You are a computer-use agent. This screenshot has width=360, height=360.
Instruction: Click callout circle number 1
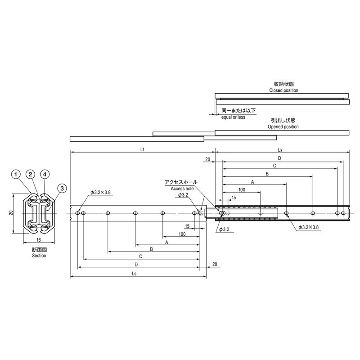(16, 175)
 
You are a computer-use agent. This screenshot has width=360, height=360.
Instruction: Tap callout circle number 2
(30, 175)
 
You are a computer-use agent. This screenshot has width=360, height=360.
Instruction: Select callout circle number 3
(62, 189)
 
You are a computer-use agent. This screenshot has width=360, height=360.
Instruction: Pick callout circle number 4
(45, 175)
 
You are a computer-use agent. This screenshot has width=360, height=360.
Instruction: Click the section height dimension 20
(11, 212)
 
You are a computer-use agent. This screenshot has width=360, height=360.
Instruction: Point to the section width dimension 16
(39, 240)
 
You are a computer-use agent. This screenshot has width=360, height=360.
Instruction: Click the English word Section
(39, 256)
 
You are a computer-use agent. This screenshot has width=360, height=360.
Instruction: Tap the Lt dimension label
(142, 149)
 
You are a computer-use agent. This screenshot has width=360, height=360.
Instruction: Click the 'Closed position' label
(284, 90)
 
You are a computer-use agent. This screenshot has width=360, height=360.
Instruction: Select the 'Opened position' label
(283, 127)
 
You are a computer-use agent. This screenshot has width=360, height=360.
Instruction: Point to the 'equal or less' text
(233, 117)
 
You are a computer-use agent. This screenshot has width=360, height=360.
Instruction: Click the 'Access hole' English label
(182, 189)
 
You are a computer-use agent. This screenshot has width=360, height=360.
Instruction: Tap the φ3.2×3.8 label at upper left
(100, 193)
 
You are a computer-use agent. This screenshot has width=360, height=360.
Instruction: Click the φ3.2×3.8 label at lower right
(309, 227)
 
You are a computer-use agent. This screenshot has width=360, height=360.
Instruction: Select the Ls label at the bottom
(134, 274)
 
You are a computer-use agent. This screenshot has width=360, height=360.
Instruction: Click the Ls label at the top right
(280, 150)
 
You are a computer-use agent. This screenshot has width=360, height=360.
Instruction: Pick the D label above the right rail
(279, 158)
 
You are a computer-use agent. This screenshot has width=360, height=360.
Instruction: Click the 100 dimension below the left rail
(182, 234)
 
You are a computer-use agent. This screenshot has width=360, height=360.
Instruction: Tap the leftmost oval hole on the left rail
(77, 213)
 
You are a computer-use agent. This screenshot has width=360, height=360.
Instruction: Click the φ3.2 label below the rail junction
(224, 229)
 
